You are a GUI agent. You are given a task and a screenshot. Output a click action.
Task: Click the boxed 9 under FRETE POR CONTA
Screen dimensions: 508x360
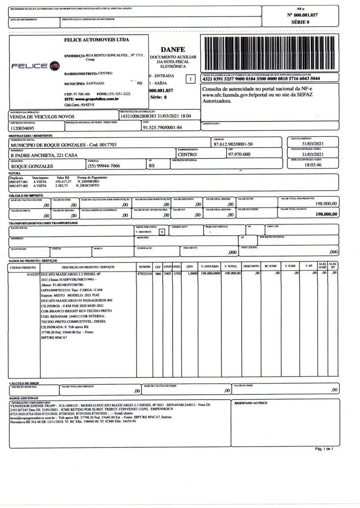(x=162, y=232)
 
